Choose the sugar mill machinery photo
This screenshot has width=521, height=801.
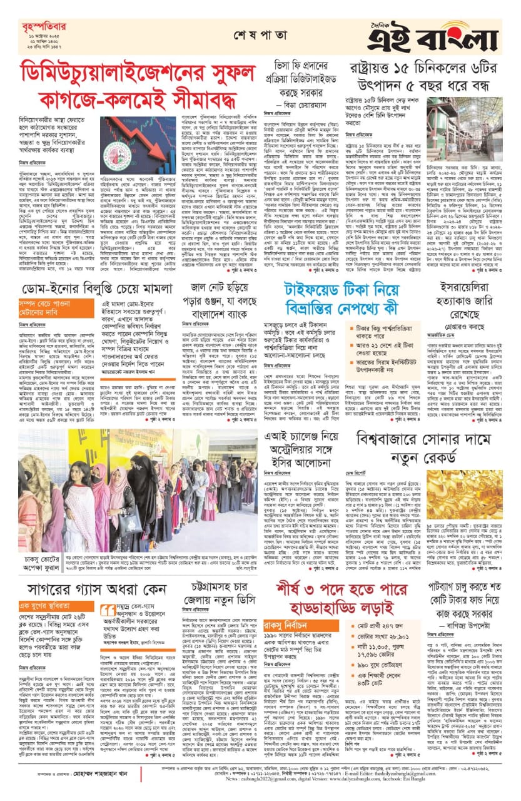tap(464, 130)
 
